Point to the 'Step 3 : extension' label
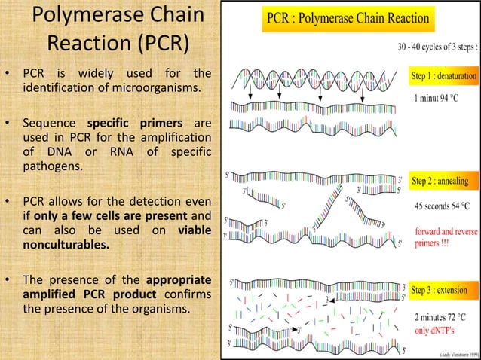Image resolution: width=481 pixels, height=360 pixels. tap(440, 289)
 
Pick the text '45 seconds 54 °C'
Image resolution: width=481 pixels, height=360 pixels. tap(443, 203)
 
